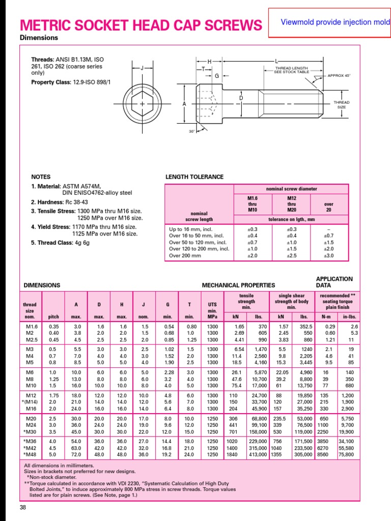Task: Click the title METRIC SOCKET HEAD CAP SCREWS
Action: coord(141,25)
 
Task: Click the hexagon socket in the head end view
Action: coord(141,104)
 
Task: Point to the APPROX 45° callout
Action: coord(339,75)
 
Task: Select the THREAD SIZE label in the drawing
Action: coord(341,104)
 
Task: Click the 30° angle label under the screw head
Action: coord(191,131)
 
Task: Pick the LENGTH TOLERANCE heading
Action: coord(194,177)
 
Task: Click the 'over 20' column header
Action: coord(328,207)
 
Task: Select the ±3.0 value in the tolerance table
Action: coord(328,255)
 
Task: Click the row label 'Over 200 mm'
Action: coord(185,255)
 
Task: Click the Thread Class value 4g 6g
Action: coord(79,243)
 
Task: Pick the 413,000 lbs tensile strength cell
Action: coord(257,454)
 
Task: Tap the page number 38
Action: coord(23,507)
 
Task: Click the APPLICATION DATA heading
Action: coord(334,282)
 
